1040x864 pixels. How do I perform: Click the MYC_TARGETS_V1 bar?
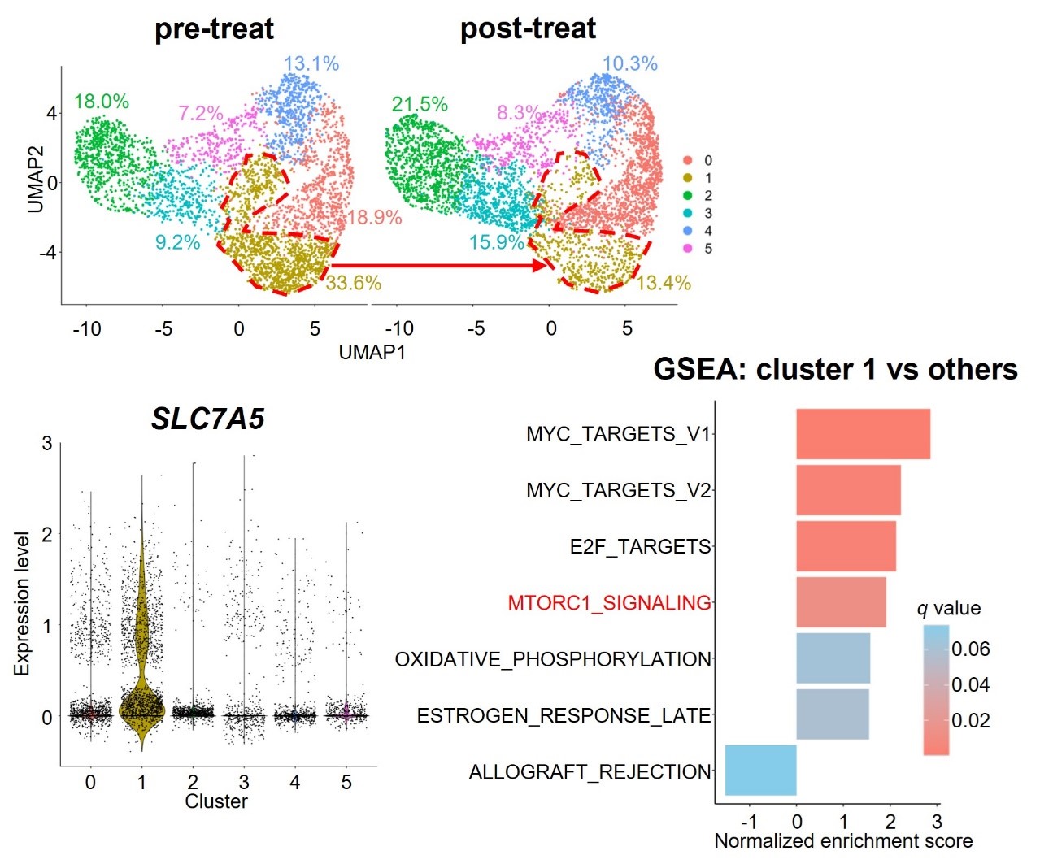862,434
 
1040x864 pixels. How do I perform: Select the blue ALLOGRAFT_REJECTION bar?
760,770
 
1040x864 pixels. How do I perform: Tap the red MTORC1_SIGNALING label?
609,603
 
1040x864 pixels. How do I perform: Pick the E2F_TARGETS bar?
846,546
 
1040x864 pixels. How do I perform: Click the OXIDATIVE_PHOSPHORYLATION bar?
833,658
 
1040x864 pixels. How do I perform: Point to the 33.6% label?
354,283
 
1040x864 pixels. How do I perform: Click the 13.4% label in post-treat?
664,283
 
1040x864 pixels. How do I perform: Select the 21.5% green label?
420,104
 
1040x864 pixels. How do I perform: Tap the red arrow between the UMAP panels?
439,265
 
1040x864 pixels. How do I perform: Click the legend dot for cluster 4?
688,231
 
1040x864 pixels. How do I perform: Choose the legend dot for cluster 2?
688,196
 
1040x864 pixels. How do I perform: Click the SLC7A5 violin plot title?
208,419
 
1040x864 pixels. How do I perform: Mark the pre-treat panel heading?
214,29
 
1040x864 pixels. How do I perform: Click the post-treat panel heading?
528,29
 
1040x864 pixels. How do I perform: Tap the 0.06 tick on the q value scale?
971,649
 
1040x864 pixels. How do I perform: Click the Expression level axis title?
22,603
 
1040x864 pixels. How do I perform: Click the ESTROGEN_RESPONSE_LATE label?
564,715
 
